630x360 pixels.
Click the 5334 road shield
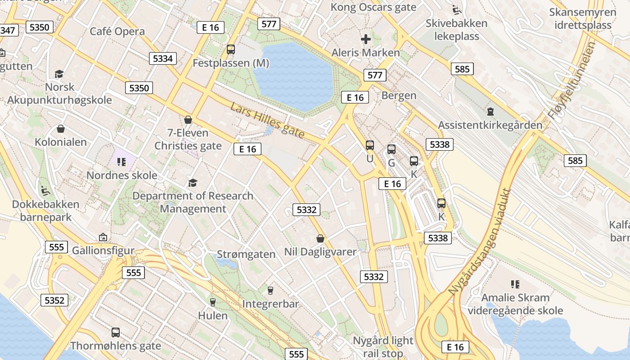(163, 58)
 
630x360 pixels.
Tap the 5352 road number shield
(55, 300)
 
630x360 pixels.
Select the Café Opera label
(117, 31)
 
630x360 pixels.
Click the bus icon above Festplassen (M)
(231, 49)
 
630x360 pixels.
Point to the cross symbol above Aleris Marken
(366, 39)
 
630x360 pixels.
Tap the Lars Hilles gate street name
(267, 120)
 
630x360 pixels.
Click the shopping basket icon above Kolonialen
(61, 129)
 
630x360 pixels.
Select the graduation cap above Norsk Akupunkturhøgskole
(59, 74)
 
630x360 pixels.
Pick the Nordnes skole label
(122, 175)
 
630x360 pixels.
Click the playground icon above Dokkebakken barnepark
(45, 191)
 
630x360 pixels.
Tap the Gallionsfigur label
(103, 250)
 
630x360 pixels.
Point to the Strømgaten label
(246, 254)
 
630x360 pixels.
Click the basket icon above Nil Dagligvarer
(320, 238)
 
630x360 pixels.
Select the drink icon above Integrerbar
(270, 291)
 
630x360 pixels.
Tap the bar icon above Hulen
(213, 302)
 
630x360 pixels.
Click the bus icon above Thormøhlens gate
(116, 333)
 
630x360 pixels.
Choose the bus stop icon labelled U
(370, 145)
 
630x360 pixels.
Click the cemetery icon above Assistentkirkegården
(490, 111)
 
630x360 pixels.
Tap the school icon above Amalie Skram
(515, 284)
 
